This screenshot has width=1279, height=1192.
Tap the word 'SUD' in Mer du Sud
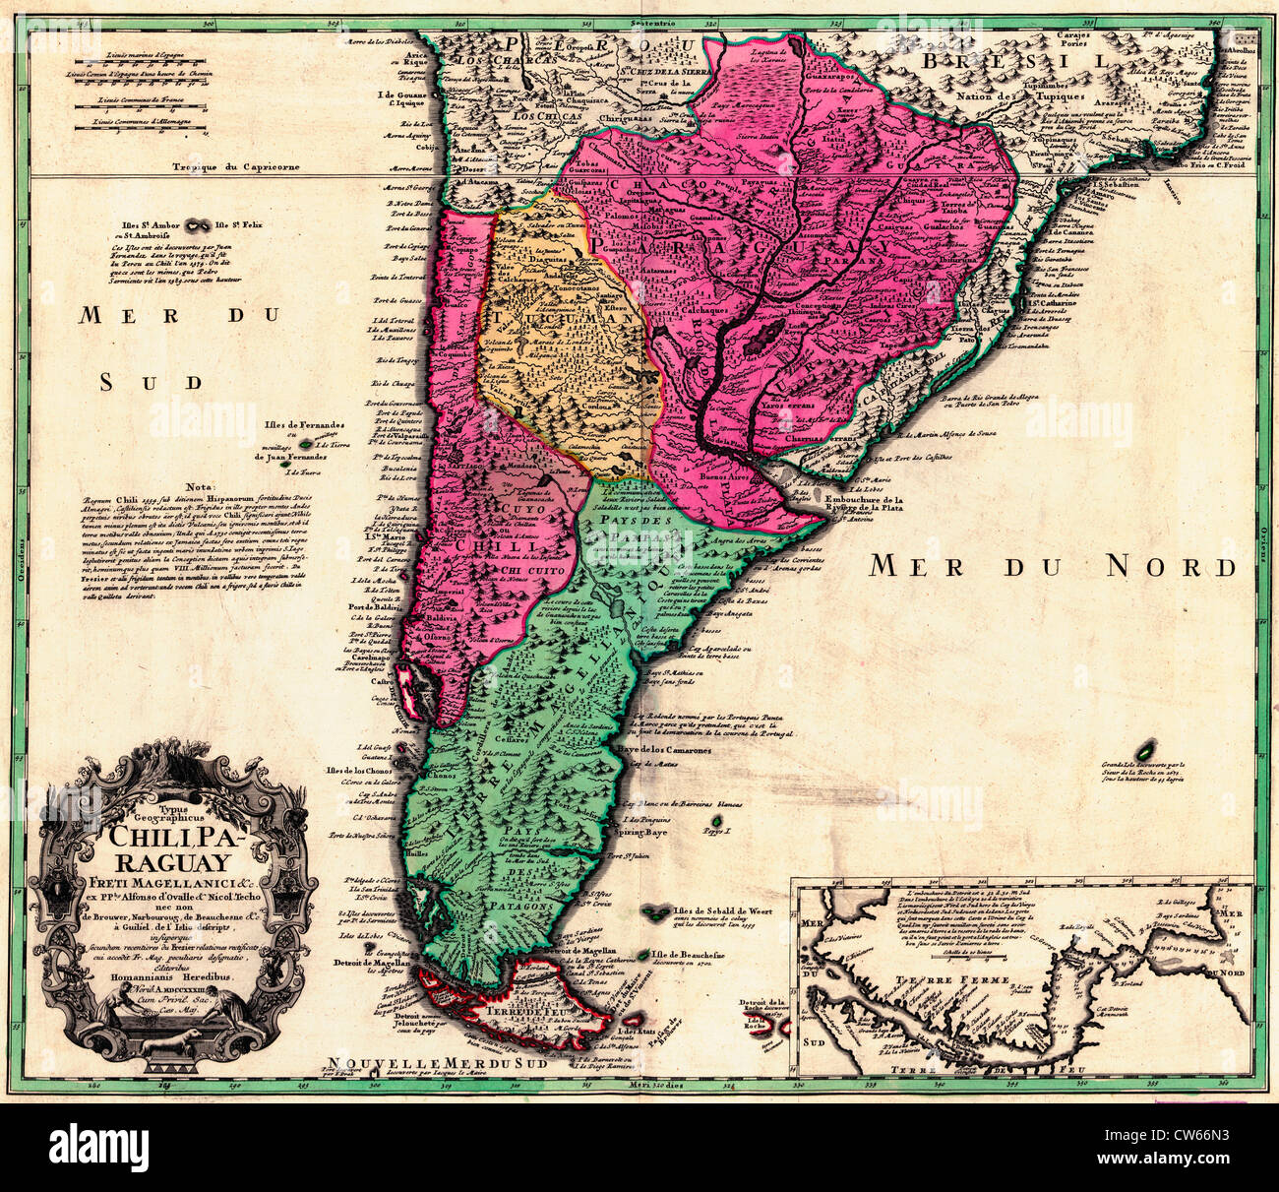(x=151, y=383)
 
